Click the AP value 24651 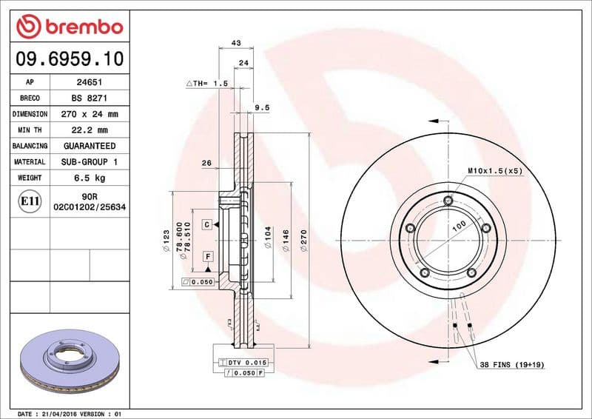(x=90, y=82)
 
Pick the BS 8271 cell (x=90, y=98)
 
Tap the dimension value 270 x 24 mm (x=90, y=115)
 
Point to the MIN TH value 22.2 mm (x=90, y=130)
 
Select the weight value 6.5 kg (x=90, y=178)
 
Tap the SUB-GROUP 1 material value (x=90, y=161)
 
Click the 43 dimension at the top (x=236, y=44)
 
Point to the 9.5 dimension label (x=261, y=107)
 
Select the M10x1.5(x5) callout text (x=494, y=170)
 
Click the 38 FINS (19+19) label (x=512, y=365)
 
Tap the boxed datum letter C (x=208, y=224)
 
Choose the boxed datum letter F (x=208, y=256)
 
